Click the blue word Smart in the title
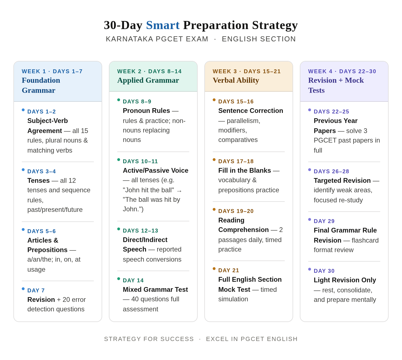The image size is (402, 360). pyautogui.click(x=163, y=25)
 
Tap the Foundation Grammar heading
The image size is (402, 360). pyautogui.click(x=41, y=85)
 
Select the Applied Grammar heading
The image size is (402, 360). pyautogui.click(x=148, y=80)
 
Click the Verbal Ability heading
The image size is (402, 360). pyautogui.click(x=236, y=80)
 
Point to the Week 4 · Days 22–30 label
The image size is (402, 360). pyautogui.click(x=342, y=71)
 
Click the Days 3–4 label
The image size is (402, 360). pyautogui.click(x=42, y=171)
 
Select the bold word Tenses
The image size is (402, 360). pyautogui.click(x=39, y=180)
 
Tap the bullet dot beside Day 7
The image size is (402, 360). pyautogui.click(x=23, y=289)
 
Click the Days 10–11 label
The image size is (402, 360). pyautogui.click(x=140, y=161)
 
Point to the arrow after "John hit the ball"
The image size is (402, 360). pyautogui.click(x=179, y=191)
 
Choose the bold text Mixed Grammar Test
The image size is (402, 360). pyautogui.click(x=155, y=290)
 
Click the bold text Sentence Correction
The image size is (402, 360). pyautogui.click(x=251, y=111)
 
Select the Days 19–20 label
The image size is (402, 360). pyautogui.click(x=236, y=211)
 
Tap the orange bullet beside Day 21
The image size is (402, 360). pyautogui.click(x=214, y=269)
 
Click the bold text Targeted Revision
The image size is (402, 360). pyautogui.click(x=342, y=180)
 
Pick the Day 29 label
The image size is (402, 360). pyautogui.click(x=324, y=221)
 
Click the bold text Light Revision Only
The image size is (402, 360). pyautogui.click(x=345, y=280)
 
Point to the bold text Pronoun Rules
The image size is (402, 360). pyautogui.click(x=146, y=111)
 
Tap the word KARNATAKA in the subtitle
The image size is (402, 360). pyautogui.click(x=129, y=39)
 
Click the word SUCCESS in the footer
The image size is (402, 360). pyautogui.click(x=177, y=339)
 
